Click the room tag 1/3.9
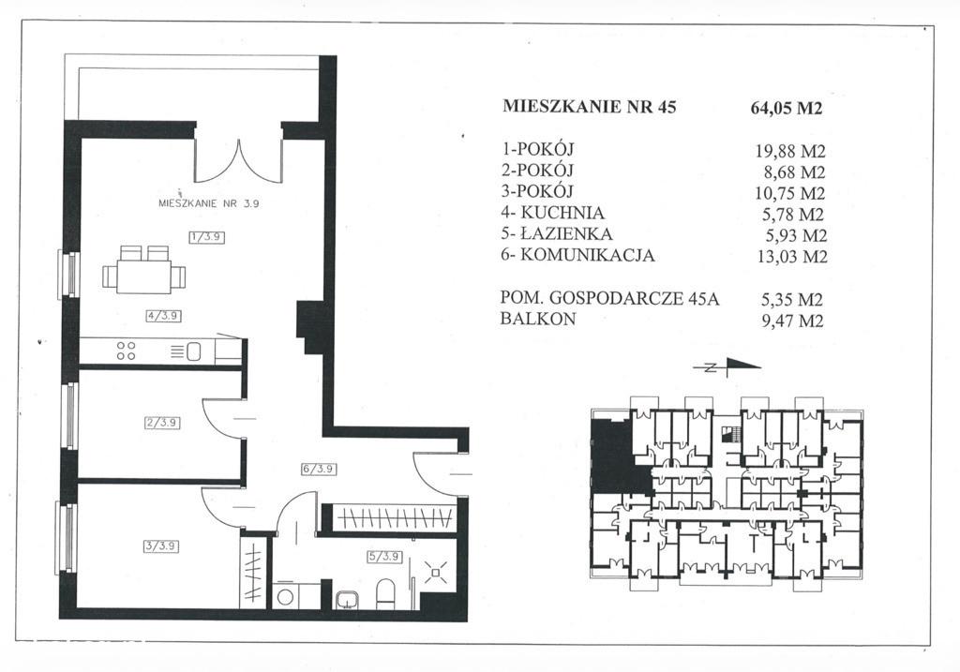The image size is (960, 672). [207, 237]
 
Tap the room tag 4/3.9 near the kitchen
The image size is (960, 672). [163, 316]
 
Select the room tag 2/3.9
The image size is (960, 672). [163, 423]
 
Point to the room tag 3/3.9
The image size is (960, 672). [161, 545]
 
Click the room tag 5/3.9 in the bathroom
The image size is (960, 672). [384, 557]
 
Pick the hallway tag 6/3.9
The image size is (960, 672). [319, 469]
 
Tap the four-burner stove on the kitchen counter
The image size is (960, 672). [127, 351]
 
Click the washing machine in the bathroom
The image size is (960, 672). [286, 596]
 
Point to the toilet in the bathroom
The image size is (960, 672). [385, 594]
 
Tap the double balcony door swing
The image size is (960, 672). [239, 160]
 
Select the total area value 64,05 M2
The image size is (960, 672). [787, 109]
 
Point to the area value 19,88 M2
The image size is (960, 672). [790, 151]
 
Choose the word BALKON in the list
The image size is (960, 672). [538, 319]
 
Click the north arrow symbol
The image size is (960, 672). [727, 367]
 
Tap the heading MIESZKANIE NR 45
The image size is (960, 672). [589, 107]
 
